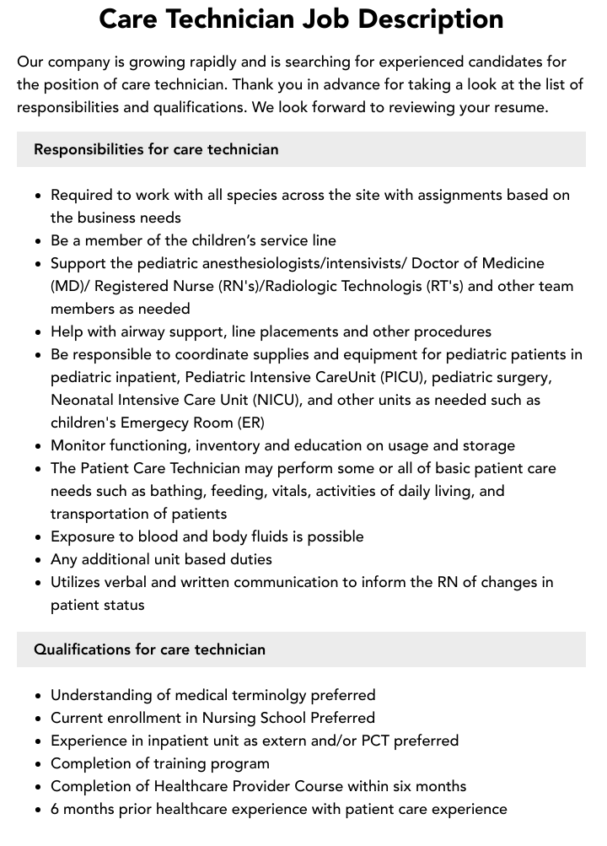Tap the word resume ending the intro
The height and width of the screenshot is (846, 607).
[521, 107]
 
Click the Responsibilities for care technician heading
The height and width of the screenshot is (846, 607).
[156, 149]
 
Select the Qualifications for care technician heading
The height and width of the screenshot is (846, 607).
[149, 649]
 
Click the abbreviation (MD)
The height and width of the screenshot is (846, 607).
[69, 286]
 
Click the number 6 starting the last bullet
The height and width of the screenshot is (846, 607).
[55, 809]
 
